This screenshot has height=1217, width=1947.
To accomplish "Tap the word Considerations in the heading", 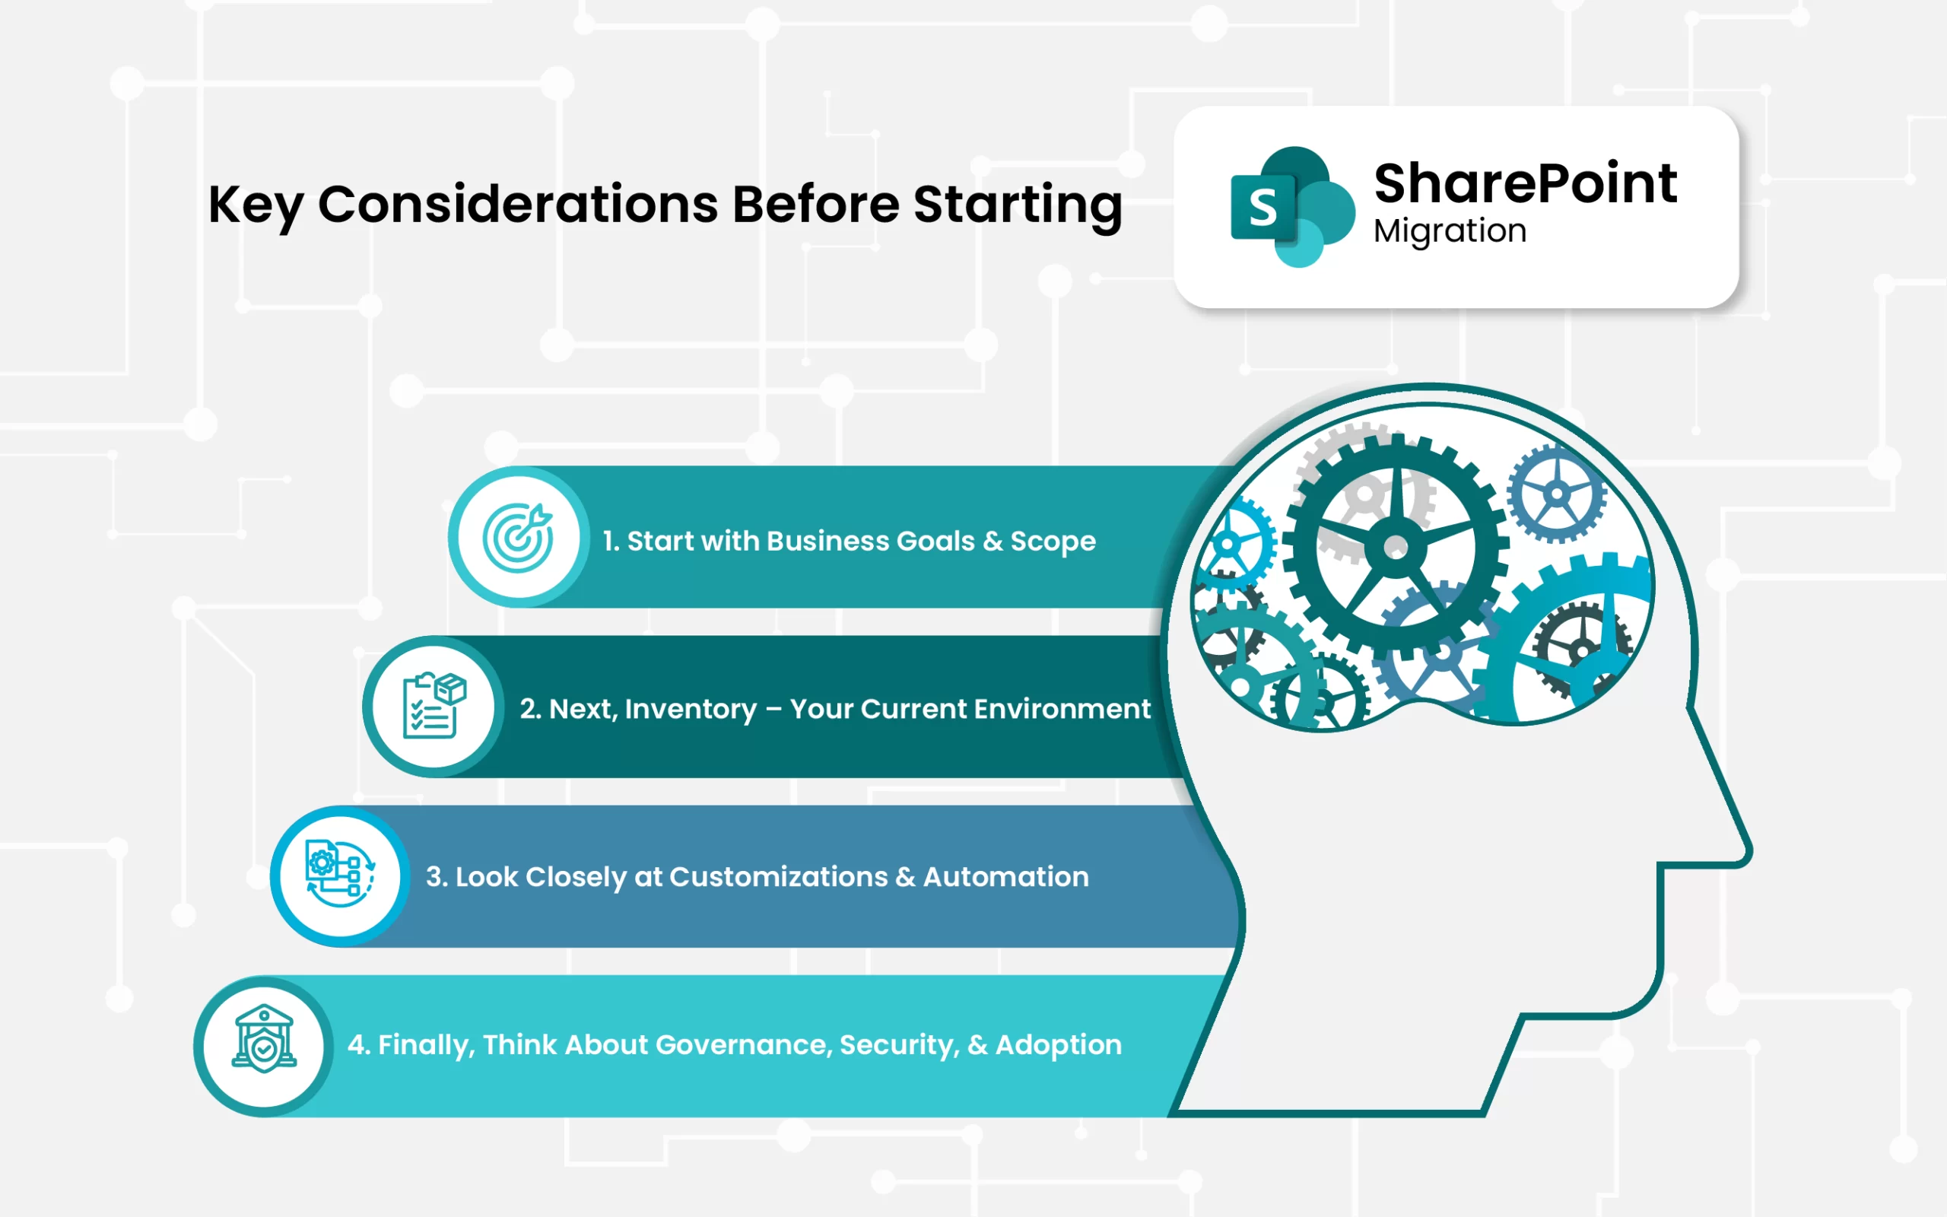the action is (518, 204).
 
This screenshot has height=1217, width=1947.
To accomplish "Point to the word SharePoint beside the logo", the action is (1526, 183).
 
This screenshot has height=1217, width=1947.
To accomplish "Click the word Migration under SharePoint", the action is (1450, 232).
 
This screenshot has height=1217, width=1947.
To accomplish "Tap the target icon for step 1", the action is (518, 538).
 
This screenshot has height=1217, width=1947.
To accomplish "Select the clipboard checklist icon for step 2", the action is (434, 706).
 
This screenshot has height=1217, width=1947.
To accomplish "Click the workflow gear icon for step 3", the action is (340, 874).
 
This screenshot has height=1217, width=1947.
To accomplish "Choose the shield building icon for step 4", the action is (264, 1039).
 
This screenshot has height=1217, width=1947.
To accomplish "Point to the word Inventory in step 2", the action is (691, 709).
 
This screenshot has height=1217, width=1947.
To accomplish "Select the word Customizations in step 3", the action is (778, 876).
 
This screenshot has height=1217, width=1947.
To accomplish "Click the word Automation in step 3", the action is (1005, 876).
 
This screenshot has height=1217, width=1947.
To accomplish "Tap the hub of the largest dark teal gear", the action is (1396, 548).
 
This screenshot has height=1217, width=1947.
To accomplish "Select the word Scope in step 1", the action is (1053, 542).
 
